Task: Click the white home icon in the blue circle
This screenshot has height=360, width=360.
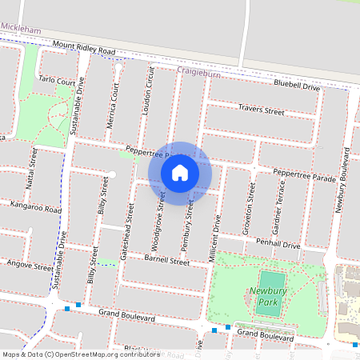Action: [180, 172]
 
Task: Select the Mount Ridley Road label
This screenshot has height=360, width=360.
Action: [84, 49]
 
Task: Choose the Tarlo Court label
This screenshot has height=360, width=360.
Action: [58, 82]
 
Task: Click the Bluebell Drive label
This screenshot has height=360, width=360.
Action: [296, 85]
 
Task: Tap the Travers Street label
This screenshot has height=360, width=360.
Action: [262, 110]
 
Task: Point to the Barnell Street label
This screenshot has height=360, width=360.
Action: [166, 261]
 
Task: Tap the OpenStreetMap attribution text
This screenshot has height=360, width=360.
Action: [82, 354]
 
